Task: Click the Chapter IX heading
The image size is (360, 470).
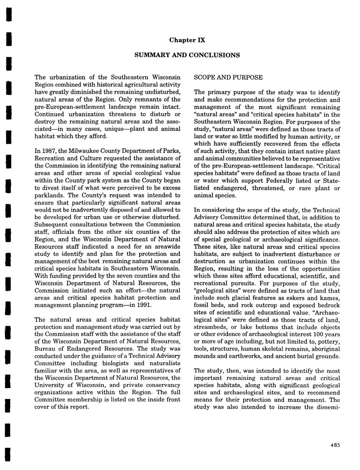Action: click(187, 40)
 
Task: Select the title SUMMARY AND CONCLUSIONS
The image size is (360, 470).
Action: click(187, 55)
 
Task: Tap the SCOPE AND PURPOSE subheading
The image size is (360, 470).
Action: click(228, 77)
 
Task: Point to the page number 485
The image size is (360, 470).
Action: click(335, 445)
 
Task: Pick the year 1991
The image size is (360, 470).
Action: click(143, 305)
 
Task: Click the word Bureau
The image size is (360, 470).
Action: click(44, 349)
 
